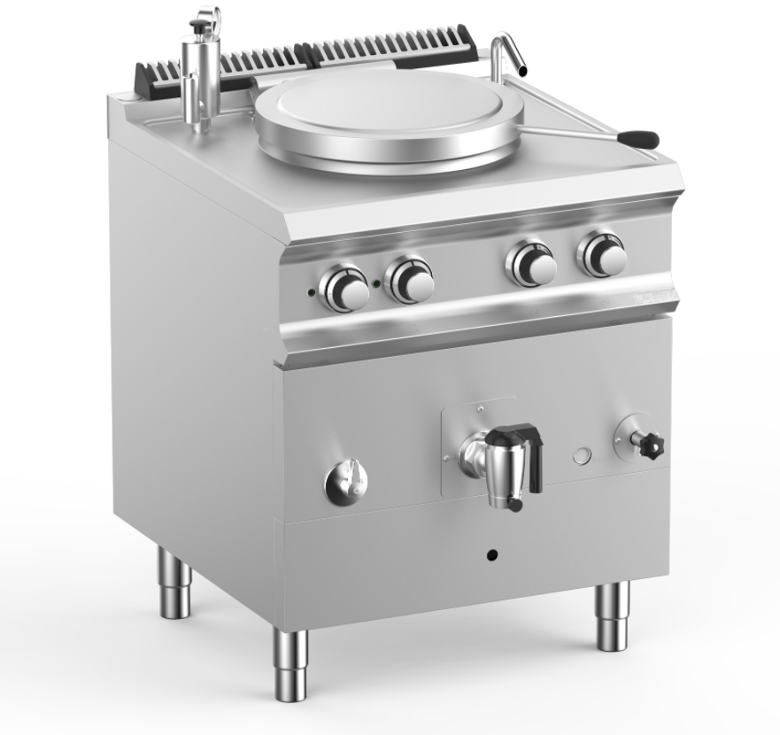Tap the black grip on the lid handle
point(638,139)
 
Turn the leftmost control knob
point(345,289)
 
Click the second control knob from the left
point(411,281)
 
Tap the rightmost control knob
point(604,256)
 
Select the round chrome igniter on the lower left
point(345,483)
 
